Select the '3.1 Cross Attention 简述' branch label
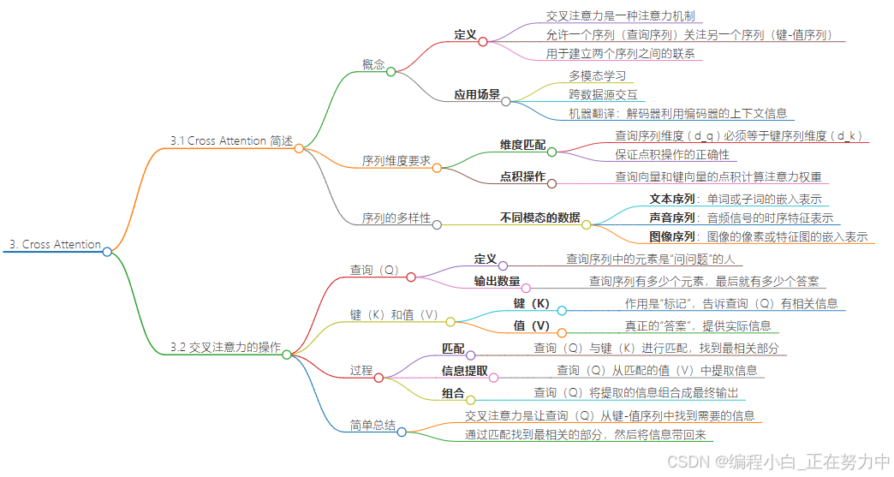(231, 140)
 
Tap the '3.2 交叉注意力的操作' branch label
(225, 347)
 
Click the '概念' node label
(373, 64)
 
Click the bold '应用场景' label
(477, 94)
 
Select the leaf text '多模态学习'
(598, 76)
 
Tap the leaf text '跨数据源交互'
(603, 94)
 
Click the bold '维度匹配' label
(522, 145)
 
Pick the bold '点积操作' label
(522, 176)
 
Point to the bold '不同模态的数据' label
(539, 218)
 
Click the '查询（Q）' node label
(375, 270)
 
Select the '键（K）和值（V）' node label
(395, 314)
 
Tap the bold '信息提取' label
(465, 371)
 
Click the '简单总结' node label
(372, 425)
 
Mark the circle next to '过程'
(378, 377)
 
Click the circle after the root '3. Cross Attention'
(107, 252)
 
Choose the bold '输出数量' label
(497, 281)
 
